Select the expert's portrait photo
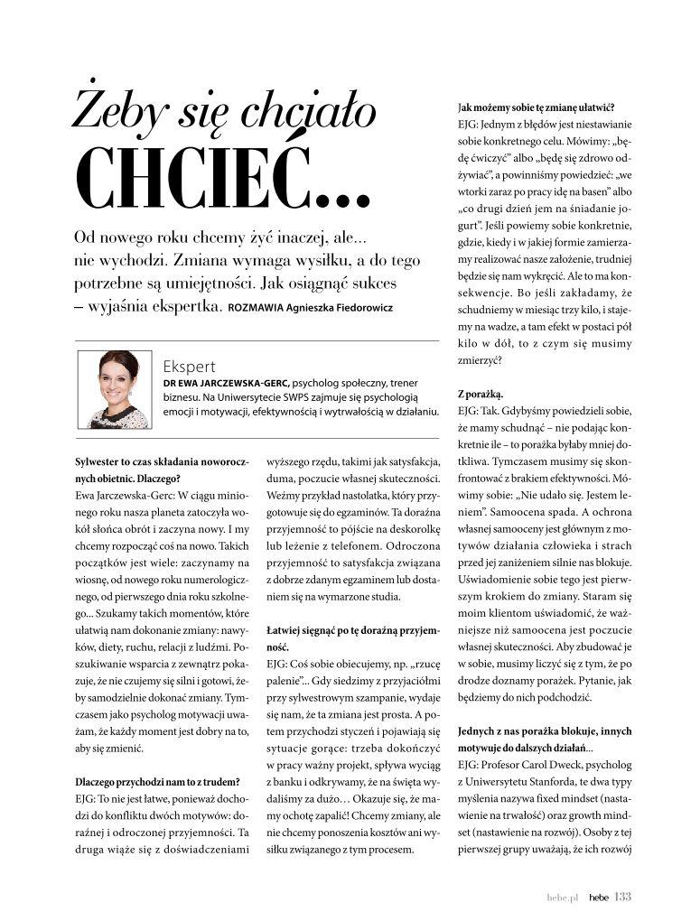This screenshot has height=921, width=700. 114,389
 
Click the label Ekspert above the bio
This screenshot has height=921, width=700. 190,367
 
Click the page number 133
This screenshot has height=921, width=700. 622,897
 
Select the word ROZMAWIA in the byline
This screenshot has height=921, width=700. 257,308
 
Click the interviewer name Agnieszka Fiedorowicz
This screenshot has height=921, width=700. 341,308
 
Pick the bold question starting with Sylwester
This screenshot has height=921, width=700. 161,470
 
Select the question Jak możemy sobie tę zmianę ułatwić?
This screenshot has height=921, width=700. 524,107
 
